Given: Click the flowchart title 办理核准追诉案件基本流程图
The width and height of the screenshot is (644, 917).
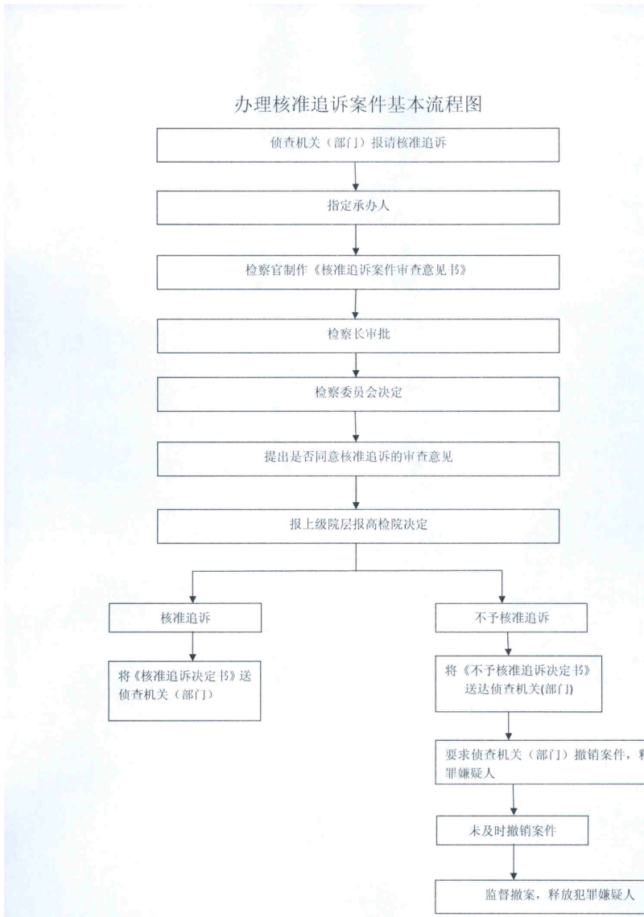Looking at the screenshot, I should coord(357,104).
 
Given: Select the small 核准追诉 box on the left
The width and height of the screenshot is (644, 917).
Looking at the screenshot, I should coord(185,617).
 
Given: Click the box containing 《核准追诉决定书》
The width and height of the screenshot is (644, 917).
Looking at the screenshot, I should coord(185,689).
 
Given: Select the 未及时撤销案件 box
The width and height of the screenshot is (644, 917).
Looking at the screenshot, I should coord(513,831).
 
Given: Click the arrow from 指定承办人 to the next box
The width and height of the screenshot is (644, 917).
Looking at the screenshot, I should coord(356,240).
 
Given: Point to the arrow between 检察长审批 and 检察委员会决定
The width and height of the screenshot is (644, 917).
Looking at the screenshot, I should coord(356,365).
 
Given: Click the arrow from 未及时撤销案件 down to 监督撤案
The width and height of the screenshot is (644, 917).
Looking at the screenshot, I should coord(514,863).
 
